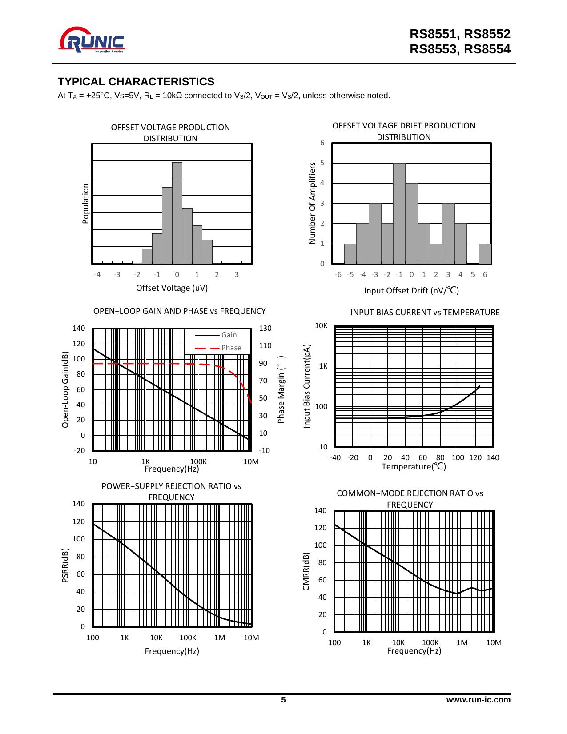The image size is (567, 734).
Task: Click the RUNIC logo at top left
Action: pos(92,41)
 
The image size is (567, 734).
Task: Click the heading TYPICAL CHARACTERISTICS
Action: pos(136,82)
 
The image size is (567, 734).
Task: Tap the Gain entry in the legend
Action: pos(229,335)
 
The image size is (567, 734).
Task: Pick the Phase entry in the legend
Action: pos(231,348)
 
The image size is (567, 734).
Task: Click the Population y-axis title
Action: pos(86,203)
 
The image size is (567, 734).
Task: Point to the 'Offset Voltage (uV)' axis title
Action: pos(172,288)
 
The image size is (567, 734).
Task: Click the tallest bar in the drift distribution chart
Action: pos(399,213)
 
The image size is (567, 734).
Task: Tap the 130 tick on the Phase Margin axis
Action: pos(265,328)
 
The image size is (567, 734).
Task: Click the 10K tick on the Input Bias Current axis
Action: pos(322,325)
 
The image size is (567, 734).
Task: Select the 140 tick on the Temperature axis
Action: pos(493,457)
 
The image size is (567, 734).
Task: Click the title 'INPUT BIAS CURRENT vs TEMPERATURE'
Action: pos(425,312)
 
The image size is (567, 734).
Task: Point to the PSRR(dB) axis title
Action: pos(65,565)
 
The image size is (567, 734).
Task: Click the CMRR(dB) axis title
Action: pos(306,571)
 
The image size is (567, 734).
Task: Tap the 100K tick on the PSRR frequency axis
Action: pos(188,638)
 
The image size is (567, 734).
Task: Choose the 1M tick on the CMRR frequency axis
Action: pos(462,642)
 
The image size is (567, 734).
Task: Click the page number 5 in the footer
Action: pos(283,700)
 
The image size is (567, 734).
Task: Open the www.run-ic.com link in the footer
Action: pos(479,700)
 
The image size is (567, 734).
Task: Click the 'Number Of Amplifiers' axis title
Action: pos(312,203)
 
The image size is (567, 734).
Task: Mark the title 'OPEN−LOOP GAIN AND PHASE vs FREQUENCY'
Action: pos(179,311)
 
